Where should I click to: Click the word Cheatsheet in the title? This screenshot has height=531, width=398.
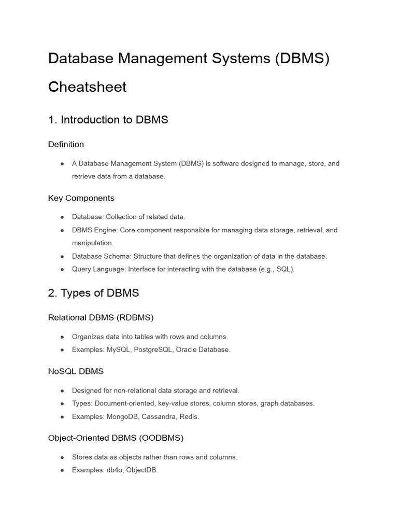[87, 87]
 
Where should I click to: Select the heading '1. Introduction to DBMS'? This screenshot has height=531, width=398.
[108, 120]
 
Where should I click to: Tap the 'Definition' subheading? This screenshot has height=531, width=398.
[66, 144]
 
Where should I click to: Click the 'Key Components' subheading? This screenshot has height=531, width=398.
[81, 198]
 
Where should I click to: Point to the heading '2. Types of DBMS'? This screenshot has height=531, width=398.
[93, 293]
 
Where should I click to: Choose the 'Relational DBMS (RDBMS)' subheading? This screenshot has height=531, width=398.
[101, 317]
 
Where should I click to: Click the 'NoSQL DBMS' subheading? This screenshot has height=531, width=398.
[76, 371]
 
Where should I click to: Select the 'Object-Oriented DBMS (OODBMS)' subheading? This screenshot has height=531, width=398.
[116, 438]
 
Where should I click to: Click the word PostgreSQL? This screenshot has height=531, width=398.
[152, 350]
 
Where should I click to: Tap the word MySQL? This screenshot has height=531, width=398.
[118, 350]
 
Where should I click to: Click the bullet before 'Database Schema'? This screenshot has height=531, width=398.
[62, 257]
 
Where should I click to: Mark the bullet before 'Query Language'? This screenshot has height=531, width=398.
[62, 270]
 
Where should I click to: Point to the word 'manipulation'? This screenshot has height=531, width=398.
[92, 243]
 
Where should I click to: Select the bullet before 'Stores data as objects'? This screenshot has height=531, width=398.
[62, 457]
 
